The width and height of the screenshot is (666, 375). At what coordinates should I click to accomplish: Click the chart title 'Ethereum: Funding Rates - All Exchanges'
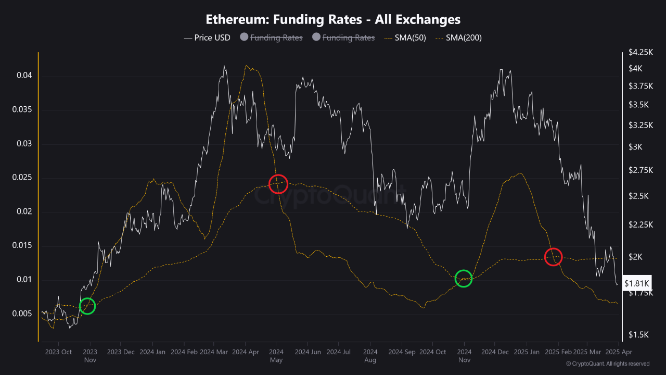click(x=333, y=19)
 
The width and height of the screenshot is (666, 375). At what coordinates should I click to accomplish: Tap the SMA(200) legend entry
click(x=458, y=37)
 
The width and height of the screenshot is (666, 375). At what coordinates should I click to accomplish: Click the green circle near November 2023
click(x=87, y=306)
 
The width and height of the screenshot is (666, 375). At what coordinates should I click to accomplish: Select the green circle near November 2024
click(x=464, y=279)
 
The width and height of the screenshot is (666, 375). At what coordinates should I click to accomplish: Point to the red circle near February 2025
click(x=553, y=256)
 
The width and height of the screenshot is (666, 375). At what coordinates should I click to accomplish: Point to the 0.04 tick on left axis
click(x=24, y=76)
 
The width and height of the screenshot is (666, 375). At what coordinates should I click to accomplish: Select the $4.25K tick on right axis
click(x=639, y=52)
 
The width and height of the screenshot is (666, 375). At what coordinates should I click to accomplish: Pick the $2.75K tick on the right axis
click(x=639, y=170)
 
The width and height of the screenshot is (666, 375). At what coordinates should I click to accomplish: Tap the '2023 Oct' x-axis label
click(x=59, y=352)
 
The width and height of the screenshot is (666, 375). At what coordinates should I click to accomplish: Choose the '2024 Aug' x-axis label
click(x=370, y=355)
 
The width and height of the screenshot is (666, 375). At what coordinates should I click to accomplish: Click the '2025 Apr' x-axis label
click(x=618, y=352)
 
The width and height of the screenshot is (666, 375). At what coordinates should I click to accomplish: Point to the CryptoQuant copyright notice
click(x=607, y=364)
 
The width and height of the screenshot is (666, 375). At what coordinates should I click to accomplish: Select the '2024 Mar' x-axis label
click(x=214, y=352)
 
